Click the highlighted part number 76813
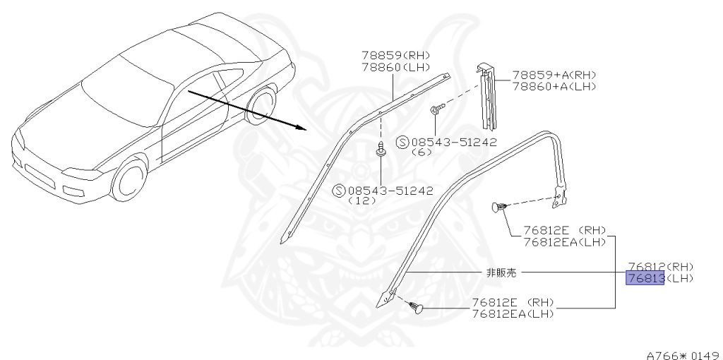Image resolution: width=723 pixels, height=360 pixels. point(645,278)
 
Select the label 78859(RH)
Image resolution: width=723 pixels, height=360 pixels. point(395,55)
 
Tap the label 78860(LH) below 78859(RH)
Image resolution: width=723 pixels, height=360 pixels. point(395,66)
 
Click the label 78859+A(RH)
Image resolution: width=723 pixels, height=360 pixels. point(554,75)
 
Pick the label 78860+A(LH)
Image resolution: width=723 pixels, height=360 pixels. point(554,85)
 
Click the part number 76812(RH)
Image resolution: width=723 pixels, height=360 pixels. point(660,267)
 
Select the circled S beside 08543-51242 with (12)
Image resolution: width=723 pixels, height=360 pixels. point(339,190)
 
